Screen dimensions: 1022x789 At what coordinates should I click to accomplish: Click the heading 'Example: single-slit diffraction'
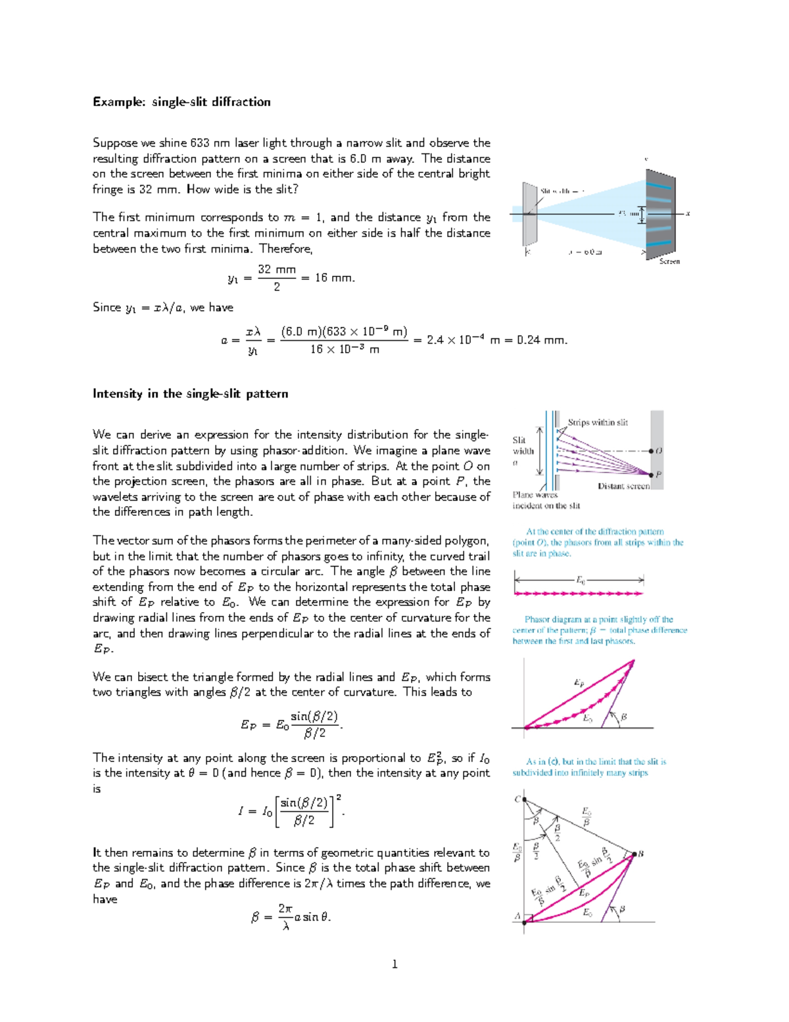pos(181,102)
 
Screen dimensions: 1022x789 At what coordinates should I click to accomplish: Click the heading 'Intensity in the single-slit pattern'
pos(190,394)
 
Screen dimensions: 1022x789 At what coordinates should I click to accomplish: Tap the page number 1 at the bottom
pos(394,964)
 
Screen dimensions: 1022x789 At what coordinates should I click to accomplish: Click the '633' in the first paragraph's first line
pos(200,143)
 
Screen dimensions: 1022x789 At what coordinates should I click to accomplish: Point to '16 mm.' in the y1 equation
pos(335,278)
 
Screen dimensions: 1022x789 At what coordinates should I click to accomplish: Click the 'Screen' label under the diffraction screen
pos(669,261)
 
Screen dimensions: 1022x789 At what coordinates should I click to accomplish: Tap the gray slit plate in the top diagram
pos(530,214)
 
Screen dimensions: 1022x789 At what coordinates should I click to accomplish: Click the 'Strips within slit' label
pos(598,422)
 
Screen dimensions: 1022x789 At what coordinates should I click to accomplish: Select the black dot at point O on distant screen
pos(651,451)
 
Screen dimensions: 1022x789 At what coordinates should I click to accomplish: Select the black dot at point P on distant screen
pos(651,474)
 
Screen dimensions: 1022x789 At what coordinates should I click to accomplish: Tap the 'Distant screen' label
pos(623,486)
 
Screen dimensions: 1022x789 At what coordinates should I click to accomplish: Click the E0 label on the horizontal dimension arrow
pos(581,580)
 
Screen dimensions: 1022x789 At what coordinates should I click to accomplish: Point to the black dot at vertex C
pos(524,800)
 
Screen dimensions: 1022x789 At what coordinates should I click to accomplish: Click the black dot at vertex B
pos(634,854)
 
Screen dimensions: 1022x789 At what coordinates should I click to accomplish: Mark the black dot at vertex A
pos(524,922)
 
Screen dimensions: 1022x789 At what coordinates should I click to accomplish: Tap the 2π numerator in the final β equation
pos(285,908)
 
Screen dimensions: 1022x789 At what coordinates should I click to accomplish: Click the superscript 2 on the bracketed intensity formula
pos(339,798)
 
